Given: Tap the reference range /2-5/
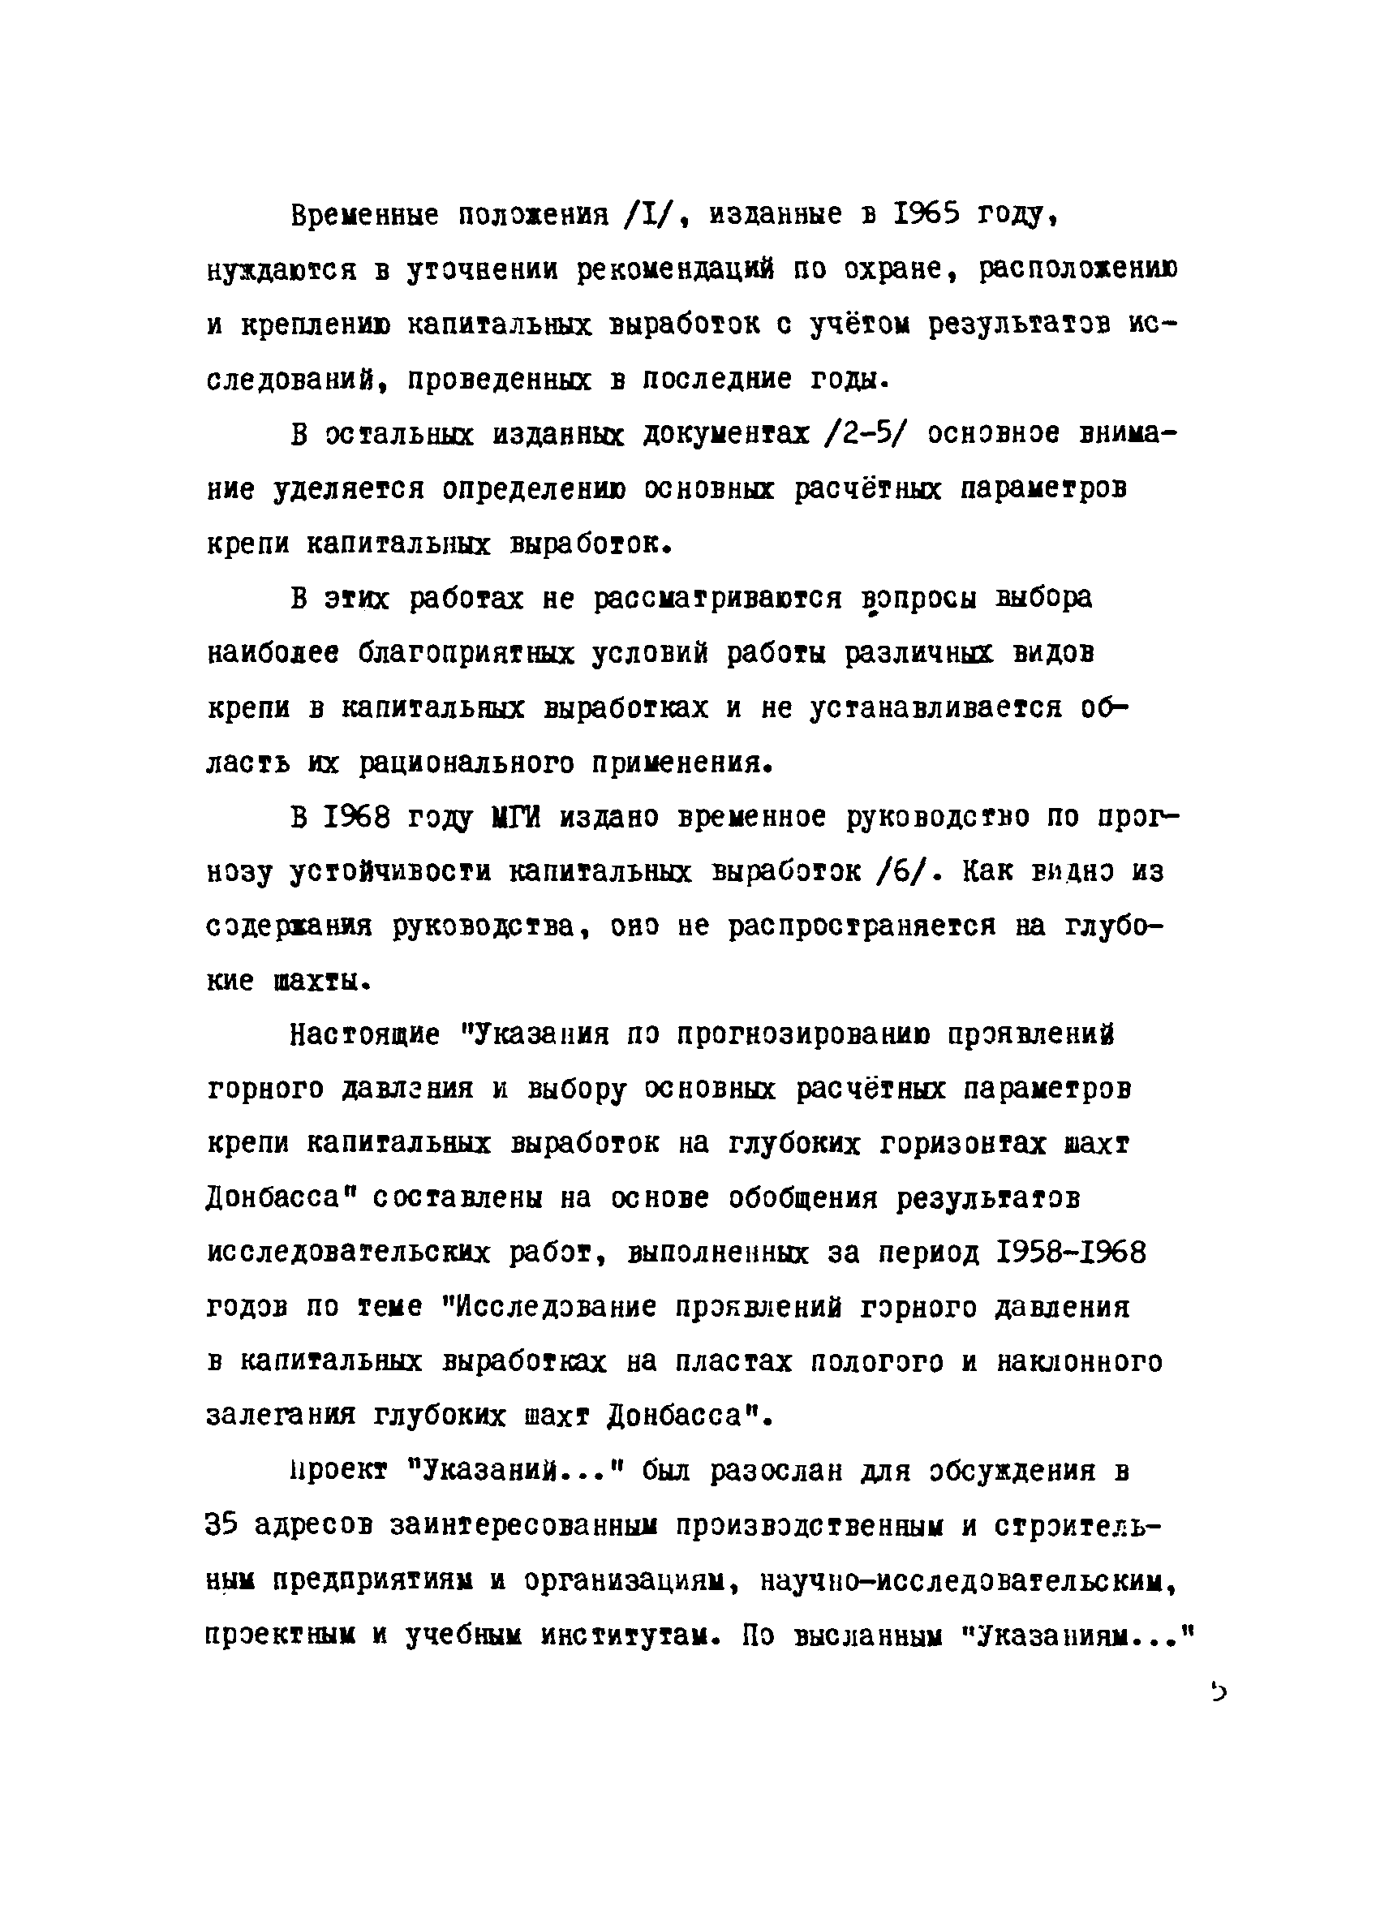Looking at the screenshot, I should coord(859,435).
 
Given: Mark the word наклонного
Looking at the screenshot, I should coord(1079,1361).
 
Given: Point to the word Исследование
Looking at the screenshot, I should coord(556,1307).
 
